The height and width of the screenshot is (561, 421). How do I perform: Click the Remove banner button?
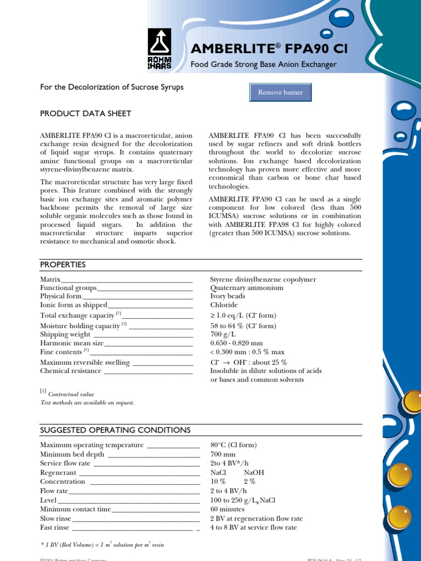point(280,93)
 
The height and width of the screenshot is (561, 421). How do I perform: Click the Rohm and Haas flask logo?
point(160,49)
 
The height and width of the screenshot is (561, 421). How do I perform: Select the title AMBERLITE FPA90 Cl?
point(269,49)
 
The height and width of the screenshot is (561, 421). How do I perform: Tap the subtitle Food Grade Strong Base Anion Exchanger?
point(263,65)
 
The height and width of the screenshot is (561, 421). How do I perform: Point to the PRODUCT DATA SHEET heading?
point(86,113)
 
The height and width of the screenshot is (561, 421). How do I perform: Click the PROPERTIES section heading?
point(63,265)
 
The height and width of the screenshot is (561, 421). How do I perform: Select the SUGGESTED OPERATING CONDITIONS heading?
point(115,430)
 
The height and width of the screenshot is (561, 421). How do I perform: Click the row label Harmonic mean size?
point(72,343)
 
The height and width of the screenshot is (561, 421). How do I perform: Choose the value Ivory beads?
point(227,296)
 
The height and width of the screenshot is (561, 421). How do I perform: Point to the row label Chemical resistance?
point(71,371)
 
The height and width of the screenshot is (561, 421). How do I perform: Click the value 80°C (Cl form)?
point(234,445)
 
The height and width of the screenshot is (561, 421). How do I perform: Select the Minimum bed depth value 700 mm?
point(223,454)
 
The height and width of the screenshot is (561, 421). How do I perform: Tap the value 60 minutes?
point(227,509)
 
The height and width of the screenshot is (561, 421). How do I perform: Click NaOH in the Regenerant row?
point(254,472)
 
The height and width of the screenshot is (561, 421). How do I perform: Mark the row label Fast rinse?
point(55,528)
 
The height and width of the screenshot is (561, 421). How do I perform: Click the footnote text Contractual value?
point(71,394)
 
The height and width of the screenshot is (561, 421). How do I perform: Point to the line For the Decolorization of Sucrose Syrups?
point(112,87)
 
